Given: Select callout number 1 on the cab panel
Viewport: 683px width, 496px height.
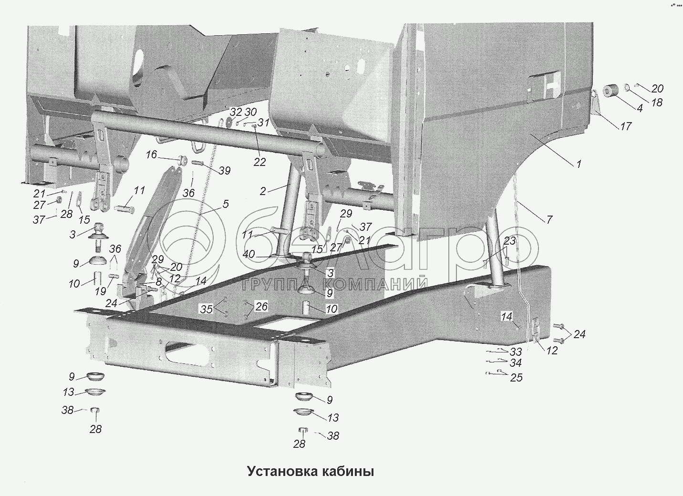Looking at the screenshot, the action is click(579, 164).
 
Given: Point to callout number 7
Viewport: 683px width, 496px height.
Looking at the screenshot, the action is click(549, 219).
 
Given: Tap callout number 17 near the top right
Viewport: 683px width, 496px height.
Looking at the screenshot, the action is click(625, 126).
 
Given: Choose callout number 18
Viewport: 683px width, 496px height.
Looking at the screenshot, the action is click(657, 102).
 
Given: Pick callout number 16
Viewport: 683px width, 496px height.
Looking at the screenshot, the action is click(151, 155).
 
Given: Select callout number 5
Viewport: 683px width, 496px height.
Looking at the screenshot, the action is click(225, 204).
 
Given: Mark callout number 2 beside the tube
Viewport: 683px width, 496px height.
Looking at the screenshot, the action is click(263, 192).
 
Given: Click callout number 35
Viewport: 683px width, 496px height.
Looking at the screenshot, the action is click(206, 309).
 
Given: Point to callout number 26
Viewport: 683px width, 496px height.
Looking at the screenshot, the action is click(262, 306).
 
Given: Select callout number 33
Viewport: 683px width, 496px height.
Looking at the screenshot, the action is click(516, 352).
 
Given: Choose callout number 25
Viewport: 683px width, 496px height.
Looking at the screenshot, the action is click(516, 378).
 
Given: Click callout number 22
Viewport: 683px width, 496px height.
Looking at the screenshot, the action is click(259, 162).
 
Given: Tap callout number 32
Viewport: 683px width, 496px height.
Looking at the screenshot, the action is click(236, 113).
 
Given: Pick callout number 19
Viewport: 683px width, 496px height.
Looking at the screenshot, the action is click(100, 291).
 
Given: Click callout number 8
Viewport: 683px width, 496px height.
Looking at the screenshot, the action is click(158, 282).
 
